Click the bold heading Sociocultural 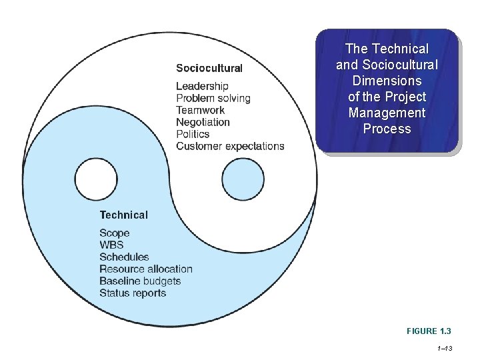pyautogui.click(x=209, y=68)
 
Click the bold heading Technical pyautogui.click(x=123, y=215)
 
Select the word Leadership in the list pyautogui.click(x=202, y=86)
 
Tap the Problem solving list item pyautogui.click(x=213, y=98)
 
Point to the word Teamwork pyautogui.click(x=200, y=110)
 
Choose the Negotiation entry pyautogui.click(x=203, y=122)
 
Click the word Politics pyautogui.click(x=193, y=134)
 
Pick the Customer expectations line pyautogui.click(x=230, y=146)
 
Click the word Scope pyautogui.click(x=115, y=233)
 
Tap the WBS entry pyautogui.click(x=111, y=245)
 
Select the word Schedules pyautogui.click(x=124, y=257)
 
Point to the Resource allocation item pyautogui.click(x=146, y=269)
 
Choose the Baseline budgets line pyautogui.click(x=140, y=281)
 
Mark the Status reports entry pyautogui.click(x=133, y=293)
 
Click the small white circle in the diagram pyautogui.click(x=96, y=179)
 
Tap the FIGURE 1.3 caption pyautogui.click(x=429, y=331)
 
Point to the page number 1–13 pyautogui.click(x=444, y=348)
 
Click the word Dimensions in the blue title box pyautogui.click(x=387, y=81)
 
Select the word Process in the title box pyautogui.click(x=387, y=129)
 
